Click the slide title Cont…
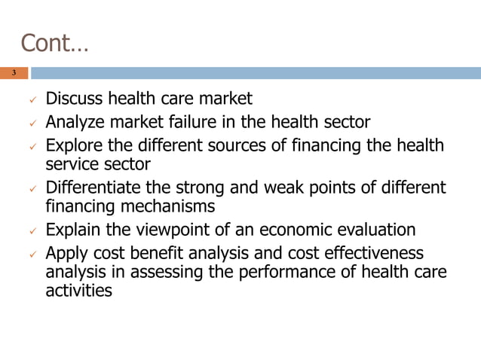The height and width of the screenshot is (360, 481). (54, 43)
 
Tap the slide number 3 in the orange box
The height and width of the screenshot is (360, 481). (14, 73)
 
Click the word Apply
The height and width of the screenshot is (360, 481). (66, 253)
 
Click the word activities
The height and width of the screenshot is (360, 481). (78, 289)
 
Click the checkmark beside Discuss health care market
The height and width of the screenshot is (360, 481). (31, 100)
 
